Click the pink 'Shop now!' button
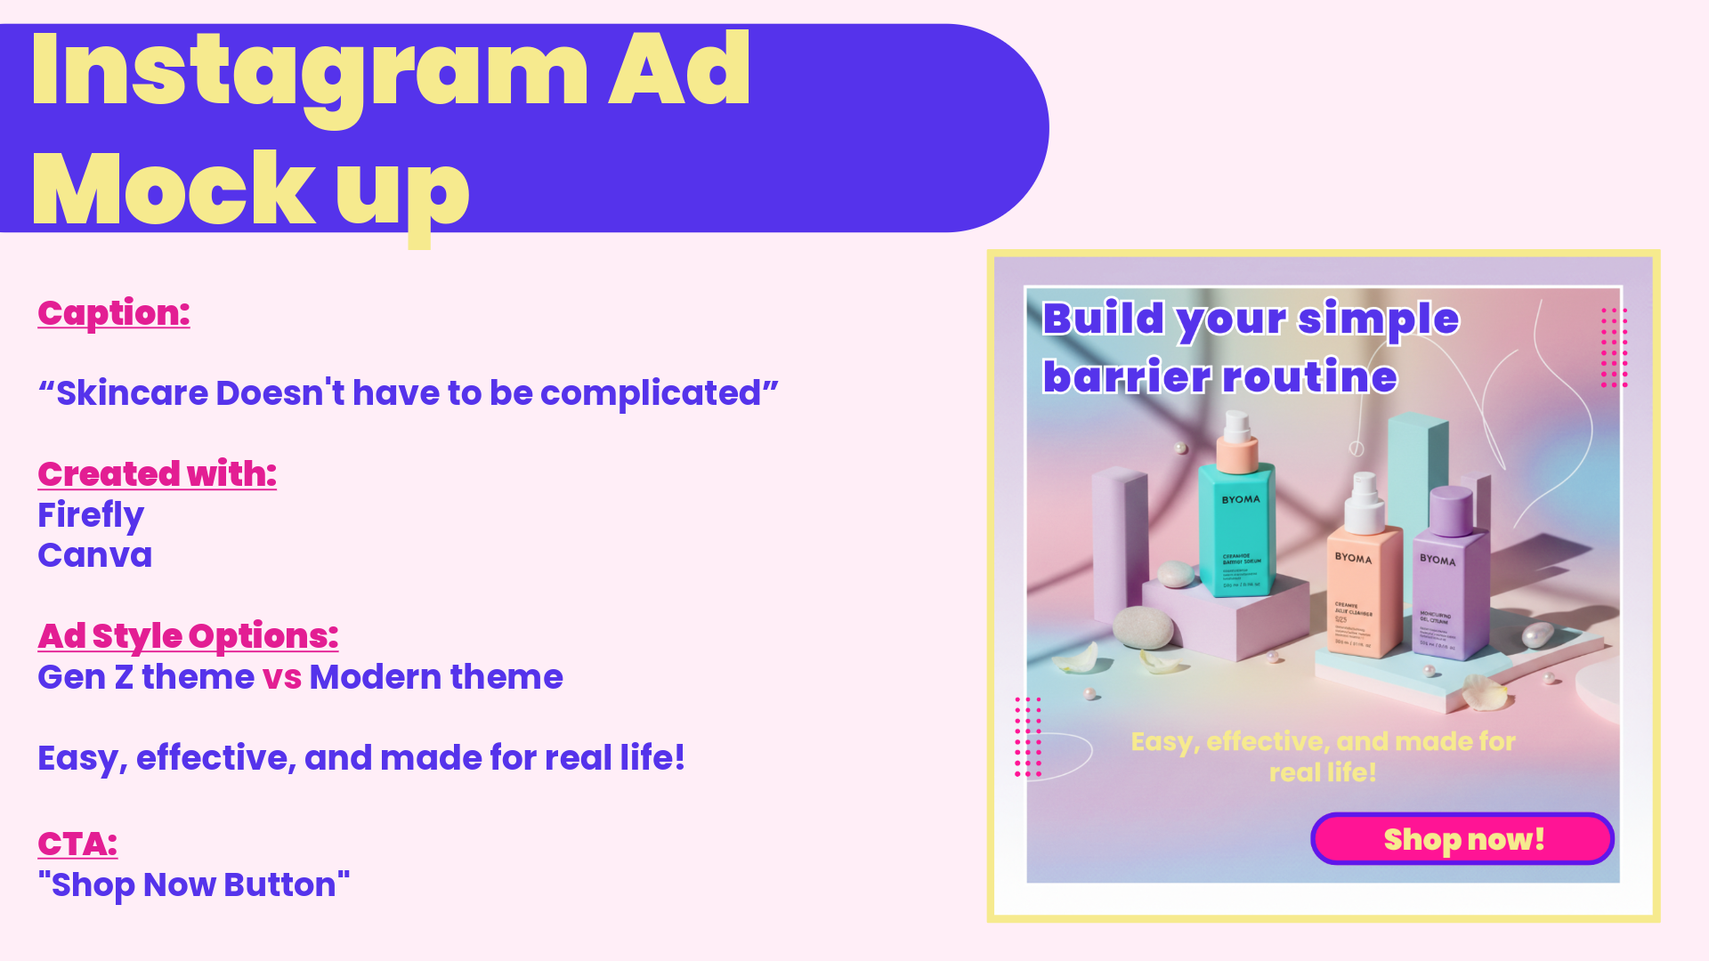(1462, 838)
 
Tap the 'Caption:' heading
(114, 313)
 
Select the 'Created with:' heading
(157, 474)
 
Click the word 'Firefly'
(91, 515)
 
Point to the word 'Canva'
(94, 555)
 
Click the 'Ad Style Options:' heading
(188, 636)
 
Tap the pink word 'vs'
(282, 677)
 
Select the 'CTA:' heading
(77, 844)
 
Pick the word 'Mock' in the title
(174, 190)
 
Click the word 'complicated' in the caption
(651, 393)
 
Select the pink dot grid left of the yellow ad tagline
(1028, 738)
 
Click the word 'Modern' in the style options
(375, 677)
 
